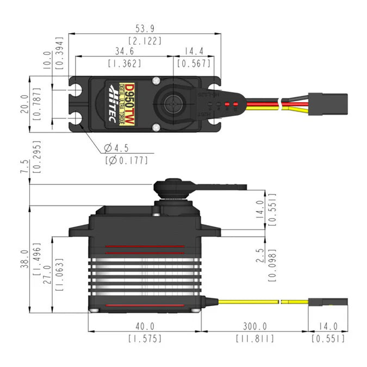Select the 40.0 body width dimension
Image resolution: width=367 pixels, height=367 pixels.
pos(145,326)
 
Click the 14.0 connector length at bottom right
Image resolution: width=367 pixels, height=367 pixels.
pos(328,326)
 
